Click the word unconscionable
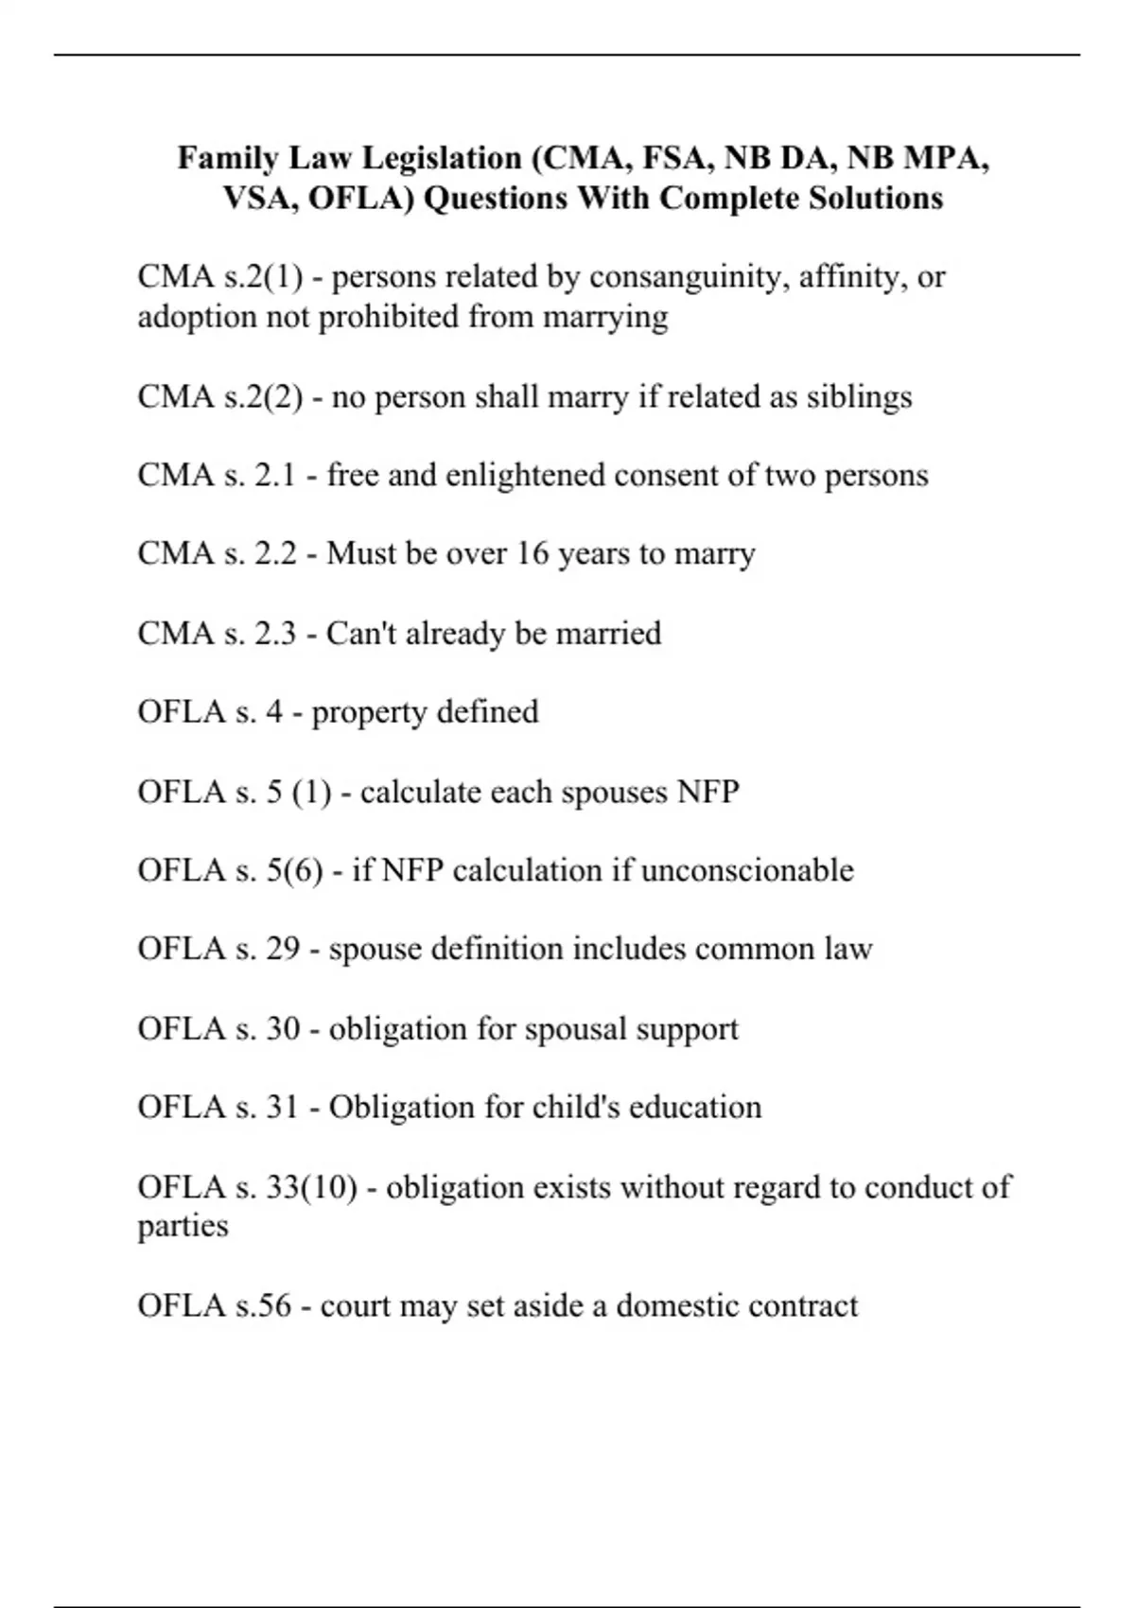pyautogui.click(x=747, y=870)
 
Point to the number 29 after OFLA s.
pyautogui.click(x=283, y=949)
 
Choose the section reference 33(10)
pyautogui.click(x=311, y=1187)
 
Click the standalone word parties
pyautogui.click(x=183, y=1227)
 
